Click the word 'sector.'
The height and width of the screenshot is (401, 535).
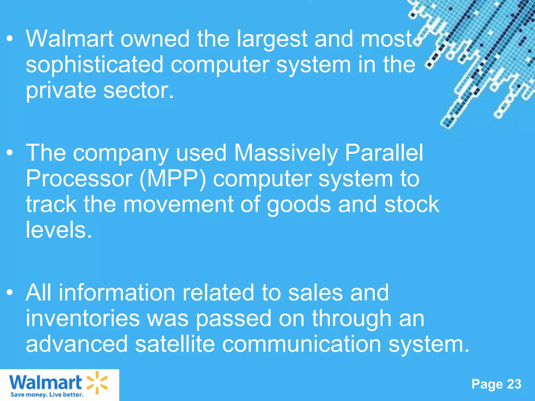click(139, 90)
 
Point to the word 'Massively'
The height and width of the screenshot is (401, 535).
click(286, 154)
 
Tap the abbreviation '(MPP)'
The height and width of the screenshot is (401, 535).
click(173, 179)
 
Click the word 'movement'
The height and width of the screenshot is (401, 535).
click(178, 204)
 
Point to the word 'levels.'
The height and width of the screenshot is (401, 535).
click(59, 230)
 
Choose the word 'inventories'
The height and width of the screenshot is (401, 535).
click(83, 318)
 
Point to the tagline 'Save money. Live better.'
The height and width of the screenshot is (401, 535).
click(47, 394)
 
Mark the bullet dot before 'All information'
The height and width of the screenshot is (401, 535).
click(10, 293)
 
